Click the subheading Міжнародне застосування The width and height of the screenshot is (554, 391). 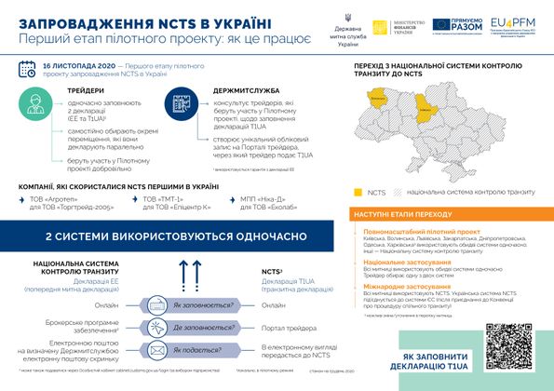pyautogui.click(x=411, y=287)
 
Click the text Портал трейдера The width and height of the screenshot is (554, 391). pyautogui.click(x=285, y=328)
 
